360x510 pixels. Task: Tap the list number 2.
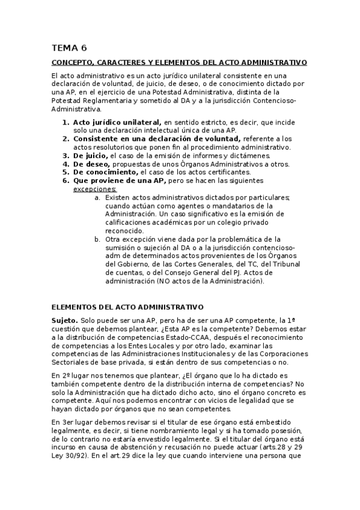[66, 138]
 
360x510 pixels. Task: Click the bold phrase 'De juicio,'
[91, 155]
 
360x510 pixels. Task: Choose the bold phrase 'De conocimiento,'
[106, 172]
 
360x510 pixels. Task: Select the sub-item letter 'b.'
[97, 239]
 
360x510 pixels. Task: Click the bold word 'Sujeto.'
[64, 321]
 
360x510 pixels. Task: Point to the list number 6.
[66, 180]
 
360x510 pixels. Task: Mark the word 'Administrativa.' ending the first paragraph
[76, 109]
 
